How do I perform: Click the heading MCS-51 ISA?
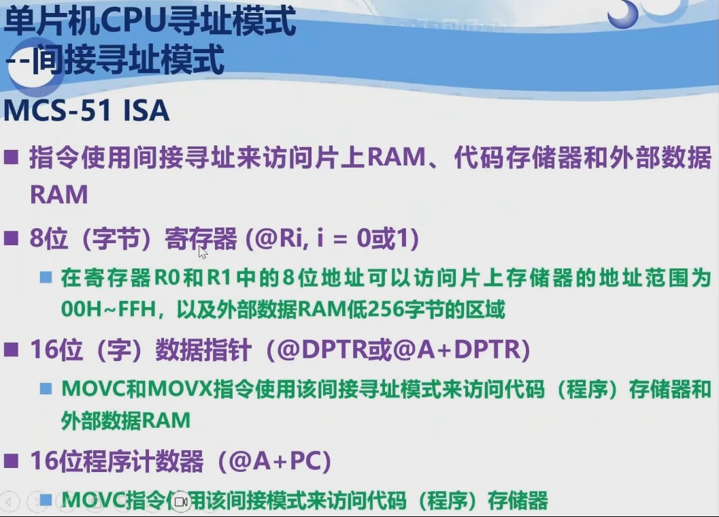point(86,111)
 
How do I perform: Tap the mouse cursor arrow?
point(202,253)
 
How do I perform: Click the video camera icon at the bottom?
point(180,502)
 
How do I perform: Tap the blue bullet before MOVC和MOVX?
point(46,390)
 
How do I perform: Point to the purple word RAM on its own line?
point(59,195)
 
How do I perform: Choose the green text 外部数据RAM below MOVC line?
point(125,420)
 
